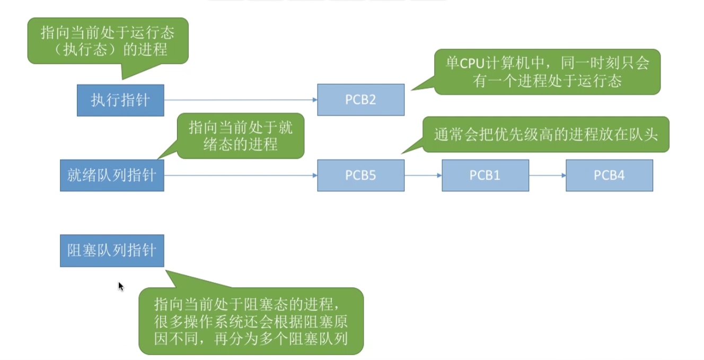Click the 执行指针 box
[120, 100]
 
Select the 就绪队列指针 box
[112, 175]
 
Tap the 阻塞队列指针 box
[112, 251]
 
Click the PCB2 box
[360, 100]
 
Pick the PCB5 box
[360, 175]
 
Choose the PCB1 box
[485, 175]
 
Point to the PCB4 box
[609, 175]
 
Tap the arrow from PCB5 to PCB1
[423, 175]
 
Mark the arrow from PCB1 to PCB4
[547, 175]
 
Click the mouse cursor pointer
[120, 286]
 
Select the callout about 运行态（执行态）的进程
[108, 41]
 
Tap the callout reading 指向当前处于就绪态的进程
[241, 136]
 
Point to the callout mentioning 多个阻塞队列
[251, 321]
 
